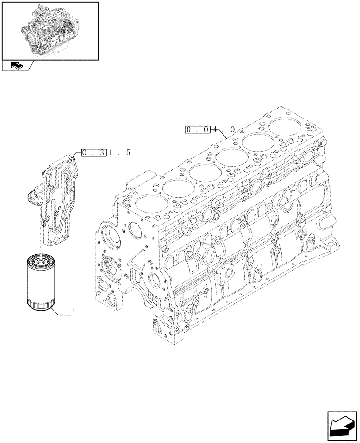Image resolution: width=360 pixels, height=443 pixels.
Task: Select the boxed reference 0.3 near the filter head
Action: (x=94, y=153)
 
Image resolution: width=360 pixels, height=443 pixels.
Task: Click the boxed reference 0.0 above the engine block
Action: (x=198, y=130)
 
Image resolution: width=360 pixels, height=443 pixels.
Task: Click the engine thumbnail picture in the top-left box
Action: (x=50, y=30)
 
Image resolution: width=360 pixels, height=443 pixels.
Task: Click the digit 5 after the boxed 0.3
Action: (x=128, y=153)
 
